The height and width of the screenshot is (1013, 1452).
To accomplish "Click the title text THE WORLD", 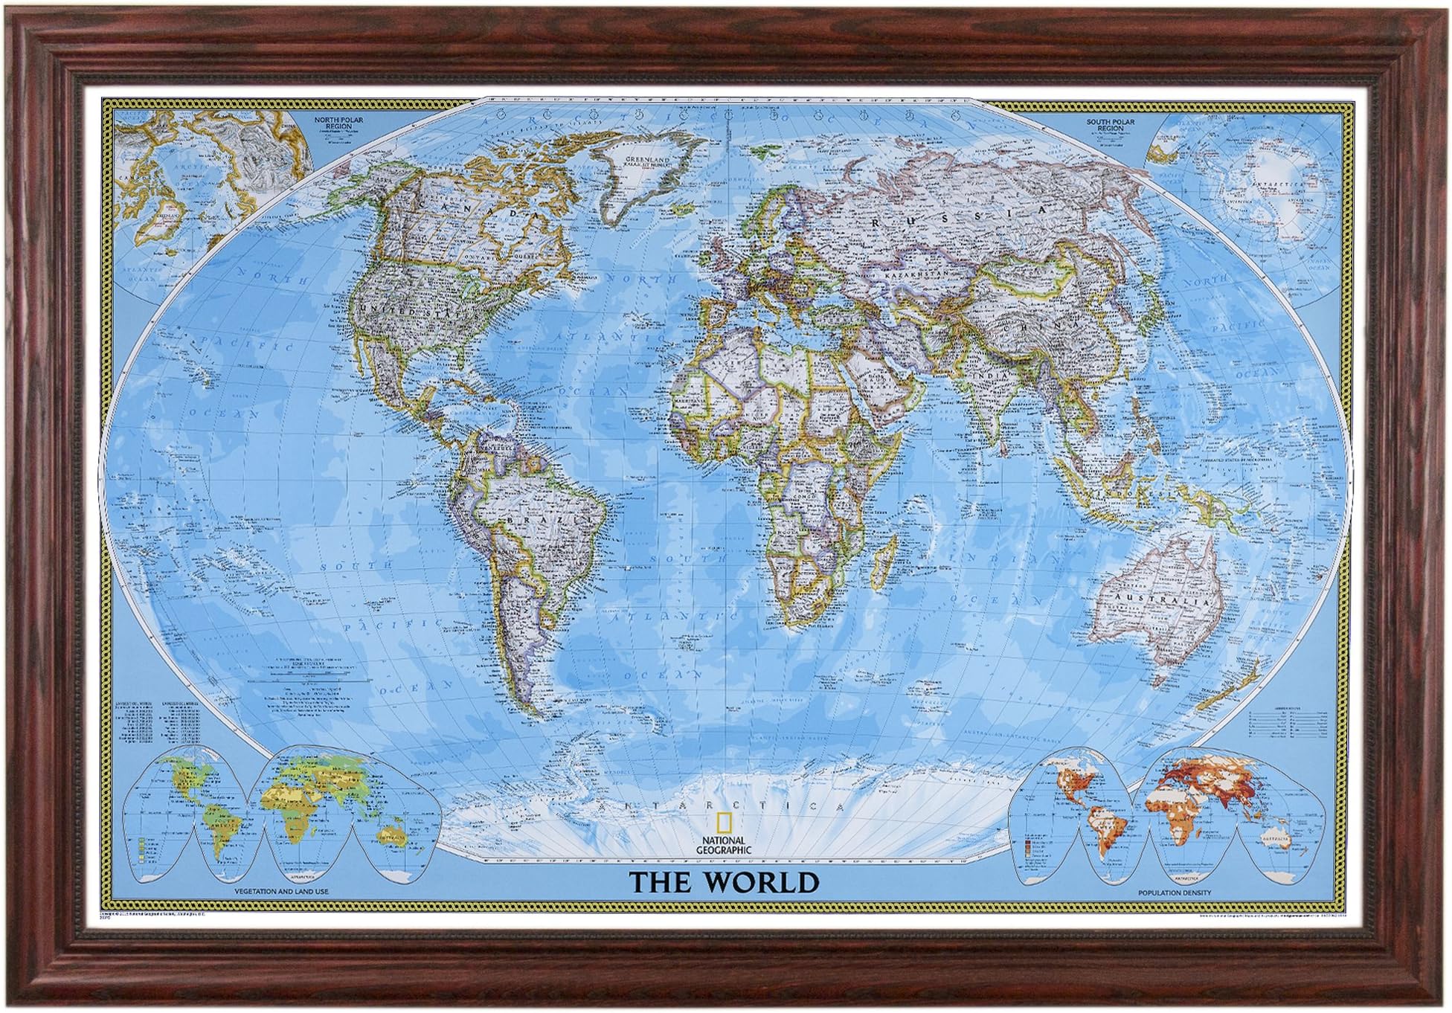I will coord(724,882).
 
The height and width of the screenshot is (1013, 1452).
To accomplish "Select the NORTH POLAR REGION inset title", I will coord(333,123).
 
